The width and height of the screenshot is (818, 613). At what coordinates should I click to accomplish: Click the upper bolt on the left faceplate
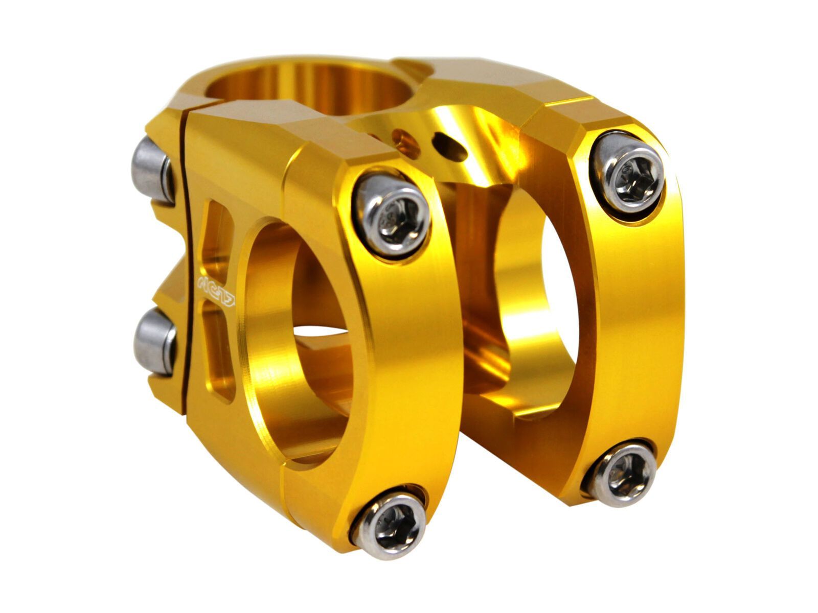tap(393, 213)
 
